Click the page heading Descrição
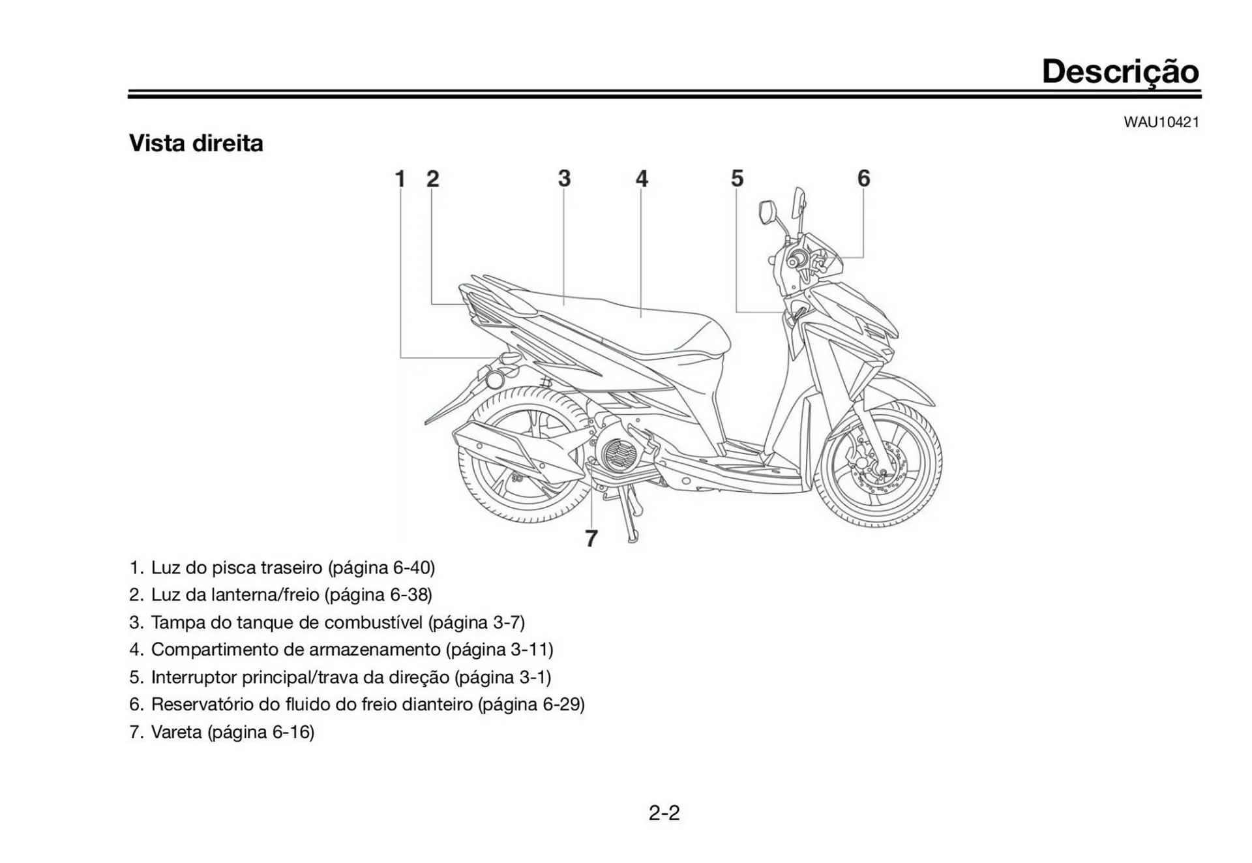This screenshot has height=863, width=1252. tap(1120, 71)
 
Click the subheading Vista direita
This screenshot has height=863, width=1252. tap(196, 144)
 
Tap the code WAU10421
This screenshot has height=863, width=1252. tap(1161, 122)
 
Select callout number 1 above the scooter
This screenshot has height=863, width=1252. tap(400, 179)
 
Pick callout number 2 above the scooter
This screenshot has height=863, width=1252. tap(432, 179)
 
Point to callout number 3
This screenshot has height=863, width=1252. tap(564, 179)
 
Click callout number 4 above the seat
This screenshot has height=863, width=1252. tap(642, 179)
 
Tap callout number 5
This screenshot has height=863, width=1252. tap(737, 179)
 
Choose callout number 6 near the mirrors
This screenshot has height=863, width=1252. tap(863, 178)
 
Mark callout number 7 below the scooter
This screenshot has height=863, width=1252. tap(591, 539)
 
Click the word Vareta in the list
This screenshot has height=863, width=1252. tap(176, 732)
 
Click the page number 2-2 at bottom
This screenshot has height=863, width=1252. tap(664, 813)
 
